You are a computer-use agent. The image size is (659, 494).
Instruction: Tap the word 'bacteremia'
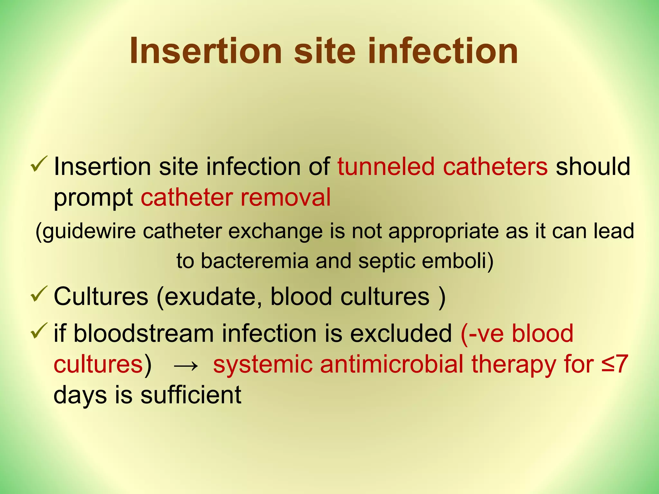255,261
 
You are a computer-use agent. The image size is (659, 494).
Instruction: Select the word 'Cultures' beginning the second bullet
101,296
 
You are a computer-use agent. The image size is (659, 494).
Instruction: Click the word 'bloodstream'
144,334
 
